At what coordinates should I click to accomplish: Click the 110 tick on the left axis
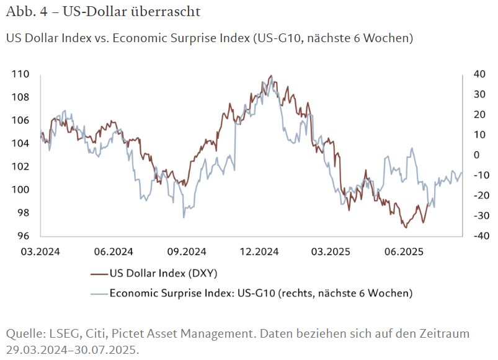point(20,74)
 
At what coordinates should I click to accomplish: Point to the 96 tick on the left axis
point(20,236)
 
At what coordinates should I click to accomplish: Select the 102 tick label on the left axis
point(20,167)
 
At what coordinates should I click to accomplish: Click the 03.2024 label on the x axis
point(40,252)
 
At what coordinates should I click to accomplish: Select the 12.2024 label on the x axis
point(259,252)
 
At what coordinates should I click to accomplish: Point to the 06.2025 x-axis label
point(404,252)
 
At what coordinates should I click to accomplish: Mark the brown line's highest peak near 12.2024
point(270,76)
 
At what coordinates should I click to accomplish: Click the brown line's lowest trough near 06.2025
point(406,227)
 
